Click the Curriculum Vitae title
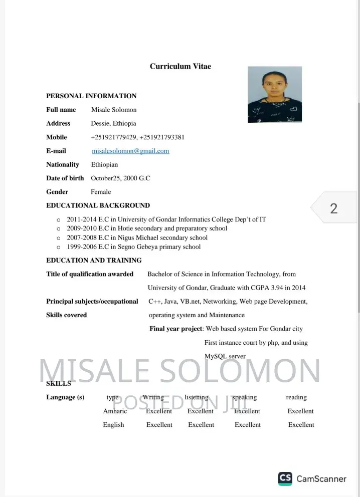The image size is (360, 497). pos(180,66)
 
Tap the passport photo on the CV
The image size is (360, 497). pos(275,95)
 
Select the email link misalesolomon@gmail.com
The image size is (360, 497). pos(130,151)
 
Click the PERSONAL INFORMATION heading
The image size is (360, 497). pos(91,96)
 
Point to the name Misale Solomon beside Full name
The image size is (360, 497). pos(114,110)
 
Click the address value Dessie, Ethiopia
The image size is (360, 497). pos(113,123)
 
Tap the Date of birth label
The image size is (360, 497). pos(65,178)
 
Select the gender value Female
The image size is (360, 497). pos(101,192)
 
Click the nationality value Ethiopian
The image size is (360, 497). pos(104,164)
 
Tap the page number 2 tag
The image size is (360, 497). pos(334,208)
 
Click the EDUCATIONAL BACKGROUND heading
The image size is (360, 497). pos(98,205)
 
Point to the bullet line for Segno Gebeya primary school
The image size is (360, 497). pos(133,246)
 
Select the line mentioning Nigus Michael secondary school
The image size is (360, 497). pos(137,237)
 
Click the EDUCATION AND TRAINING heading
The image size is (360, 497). pos(94,260)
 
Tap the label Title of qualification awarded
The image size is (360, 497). pos(90,274)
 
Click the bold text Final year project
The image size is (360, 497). pos(176,329)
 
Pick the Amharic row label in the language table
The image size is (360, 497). pos(115,411)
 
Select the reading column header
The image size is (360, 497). pos(296,397)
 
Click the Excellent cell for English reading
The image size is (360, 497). pos(301,425)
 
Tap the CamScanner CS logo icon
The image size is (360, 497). pos(285,478)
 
